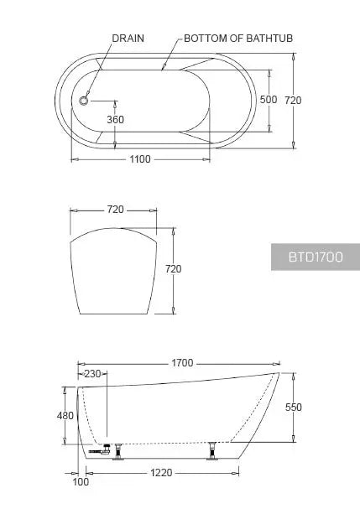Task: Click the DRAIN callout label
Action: [129, 39]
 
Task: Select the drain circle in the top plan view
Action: [84, 101]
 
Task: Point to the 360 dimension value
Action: [116, 119]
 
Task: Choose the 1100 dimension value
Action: [139, 159]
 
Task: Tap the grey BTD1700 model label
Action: [315, 257]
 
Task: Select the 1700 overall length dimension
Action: [181, 363]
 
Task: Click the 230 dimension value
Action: [92, 374]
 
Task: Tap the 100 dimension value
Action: [80, 483]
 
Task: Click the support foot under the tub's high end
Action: [214, 449]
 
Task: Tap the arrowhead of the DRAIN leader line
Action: [86, 98]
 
